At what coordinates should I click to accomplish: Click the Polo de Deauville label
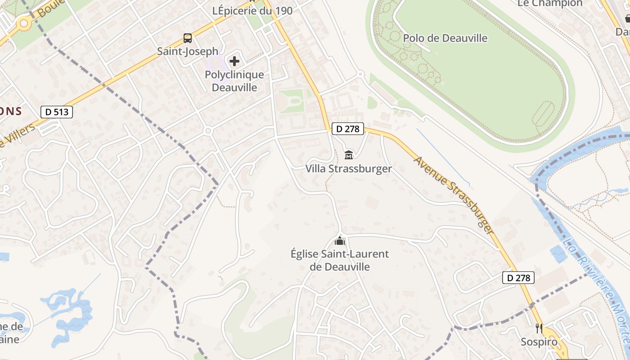(445, 38)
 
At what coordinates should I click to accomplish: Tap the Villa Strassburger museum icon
(349, 155)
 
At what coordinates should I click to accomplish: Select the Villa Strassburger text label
(349, 169)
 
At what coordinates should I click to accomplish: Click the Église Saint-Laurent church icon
(340, 241)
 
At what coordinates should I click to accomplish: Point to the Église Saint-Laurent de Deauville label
(340, 260)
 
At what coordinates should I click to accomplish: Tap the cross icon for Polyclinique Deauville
(234, 61)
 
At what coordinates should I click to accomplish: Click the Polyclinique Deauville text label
(234, 81)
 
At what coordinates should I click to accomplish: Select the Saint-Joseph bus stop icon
(188, 38)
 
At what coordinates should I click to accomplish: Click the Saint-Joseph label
(188, 51)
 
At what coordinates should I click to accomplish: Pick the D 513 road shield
(57, 112)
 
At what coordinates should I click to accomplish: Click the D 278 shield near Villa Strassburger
(348, 129)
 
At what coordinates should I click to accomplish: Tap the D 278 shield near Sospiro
(518, 278)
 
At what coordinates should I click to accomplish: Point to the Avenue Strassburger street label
(454, 195)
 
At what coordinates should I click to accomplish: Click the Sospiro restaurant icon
(539, 328)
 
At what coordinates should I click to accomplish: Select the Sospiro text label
(539, 342)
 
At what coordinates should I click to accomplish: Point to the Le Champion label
(550, 4)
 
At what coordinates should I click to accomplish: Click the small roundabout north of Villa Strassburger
(360, 74)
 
